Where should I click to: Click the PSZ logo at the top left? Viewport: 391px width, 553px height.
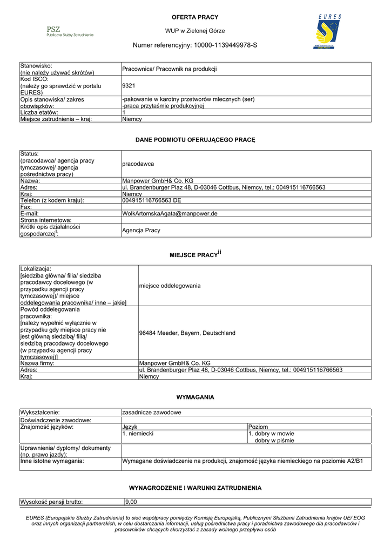point(70,31)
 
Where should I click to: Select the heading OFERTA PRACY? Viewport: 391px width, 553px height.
point(195,17)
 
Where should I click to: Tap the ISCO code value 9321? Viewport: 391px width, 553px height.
point(129,85)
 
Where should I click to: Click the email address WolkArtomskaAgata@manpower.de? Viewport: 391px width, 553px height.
point(170,213)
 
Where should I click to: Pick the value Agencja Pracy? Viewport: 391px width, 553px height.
point(141,230)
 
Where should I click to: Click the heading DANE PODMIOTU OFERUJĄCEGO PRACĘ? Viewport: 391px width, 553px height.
point(195,140)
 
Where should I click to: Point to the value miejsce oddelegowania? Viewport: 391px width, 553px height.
point(170,285)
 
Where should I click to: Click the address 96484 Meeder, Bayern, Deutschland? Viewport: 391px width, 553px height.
point(187,333)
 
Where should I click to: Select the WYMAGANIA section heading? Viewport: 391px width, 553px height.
point(195,397)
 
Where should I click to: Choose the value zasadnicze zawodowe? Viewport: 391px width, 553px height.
point(152,413)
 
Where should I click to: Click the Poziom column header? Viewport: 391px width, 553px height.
point(258,427)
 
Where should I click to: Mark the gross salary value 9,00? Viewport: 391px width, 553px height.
point(131,502)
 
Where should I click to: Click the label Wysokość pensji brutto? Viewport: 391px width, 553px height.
point(51,502)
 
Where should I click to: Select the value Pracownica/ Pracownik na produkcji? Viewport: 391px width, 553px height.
point(170,69)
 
